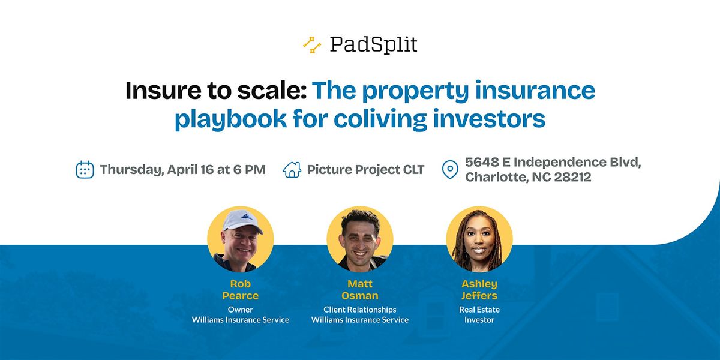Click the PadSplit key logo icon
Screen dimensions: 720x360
coord(312,45)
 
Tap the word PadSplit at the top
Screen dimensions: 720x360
coord(373,44)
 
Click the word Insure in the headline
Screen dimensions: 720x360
coord(163,91)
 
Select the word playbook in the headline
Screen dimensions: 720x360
coord(230,119)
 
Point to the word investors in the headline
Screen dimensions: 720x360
coord(489,119)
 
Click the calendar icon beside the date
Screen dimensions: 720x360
coord(85,169)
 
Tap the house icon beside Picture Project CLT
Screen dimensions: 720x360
coord(292,169)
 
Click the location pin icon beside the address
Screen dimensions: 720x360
coord(450,169)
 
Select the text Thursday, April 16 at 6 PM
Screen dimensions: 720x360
coord(183,170)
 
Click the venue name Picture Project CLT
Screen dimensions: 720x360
coord(366,170)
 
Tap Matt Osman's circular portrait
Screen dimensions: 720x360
coord(360,239)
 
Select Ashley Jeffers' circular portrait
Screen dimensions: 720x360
coord(479,239)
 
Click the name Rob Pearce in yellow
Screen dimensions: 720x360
coord(241,290)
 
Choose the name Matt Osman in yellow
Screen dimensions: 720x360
coord(360,290)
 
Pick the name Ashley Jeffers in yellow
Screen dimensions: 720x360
coord(479,290)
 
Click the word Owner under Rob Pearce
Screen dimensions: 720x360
coord(241,310)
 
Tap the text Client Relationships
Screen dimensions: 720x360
coord(360,310)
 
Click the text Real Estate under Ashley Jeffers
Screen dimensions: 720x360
coord(479,310)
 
